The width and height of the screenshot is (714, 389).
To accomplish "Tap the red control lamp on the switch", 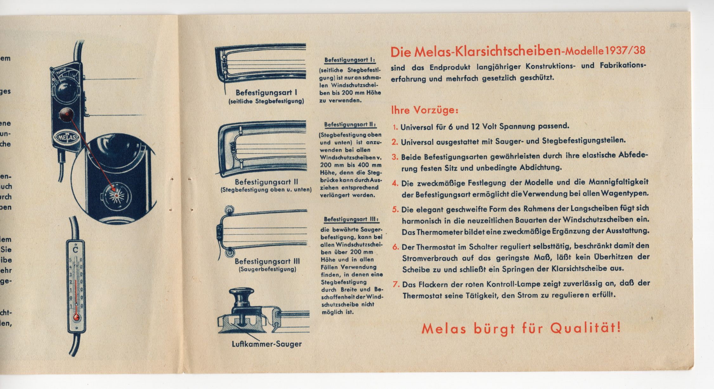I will click(67, 114).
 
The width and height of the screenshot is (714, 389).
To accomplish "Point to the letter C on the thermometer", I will click(75, 250).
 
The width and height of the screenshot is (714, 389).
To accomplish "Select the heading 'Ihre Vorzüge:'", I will click(425, 110).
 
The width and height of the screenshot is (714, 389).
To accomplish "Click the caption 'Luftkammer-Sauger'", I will click(267, 344).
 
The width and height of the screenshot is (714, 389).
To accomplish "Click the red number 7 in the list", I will click(396, 284).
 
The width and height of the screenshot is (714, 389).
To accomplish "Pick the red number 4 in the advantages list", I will click(395, 183).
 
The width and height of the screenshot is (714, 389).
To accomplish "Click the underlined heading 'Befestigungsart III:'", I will click(351, 219).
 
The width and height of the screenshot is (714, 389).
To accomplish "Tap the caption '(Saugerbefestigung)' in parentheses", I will click(267, 269).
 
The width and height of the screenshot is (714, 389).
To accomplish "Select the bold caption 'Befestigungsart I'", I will click(266, 93).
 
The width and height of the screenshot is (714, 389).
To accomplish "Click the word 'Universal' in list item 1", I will click(417, 127).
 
